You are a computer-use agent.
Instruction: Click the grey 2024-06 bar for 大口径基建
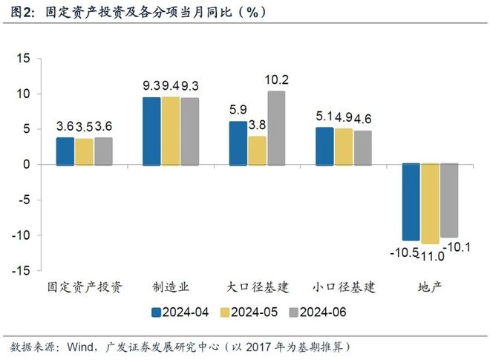pyautogui.click(x=276, y=128)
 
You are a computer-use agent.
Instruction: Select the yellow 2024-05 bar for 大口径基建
pyautogui.click(x=257, y=150)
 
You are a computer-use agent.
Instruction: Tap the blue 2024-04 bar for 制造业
pyautogui.click(x=151, y=131)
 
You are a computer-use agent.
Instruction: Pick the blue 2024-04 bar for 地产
pyautogui.click(x=411, y=201)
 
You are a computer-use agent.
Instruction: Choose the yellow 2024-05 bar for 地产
pyautogui.click(x=430, y=203)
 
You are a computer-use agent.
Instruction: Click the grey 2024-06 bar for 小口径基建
pyautogui.click(x=362, y=148)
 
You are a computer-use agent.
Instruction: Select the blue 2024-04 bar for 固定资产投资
pyautogui.click(x=65, y=151)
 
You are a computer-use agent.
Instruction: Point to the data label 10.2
pyautogui.click(x=276, y=80)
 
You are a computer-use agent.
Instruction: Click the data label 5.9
pyautogui.click(x=238, y=109)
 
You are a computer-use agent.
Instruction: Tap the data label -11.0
pyautogui.click(x=431, y=255)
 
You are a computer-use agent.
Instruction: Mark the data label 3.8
pyautogui.click(x=258, y=124)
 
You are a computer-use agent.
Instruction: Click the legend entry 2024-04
pyautogui.click(x=180, y=312)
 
